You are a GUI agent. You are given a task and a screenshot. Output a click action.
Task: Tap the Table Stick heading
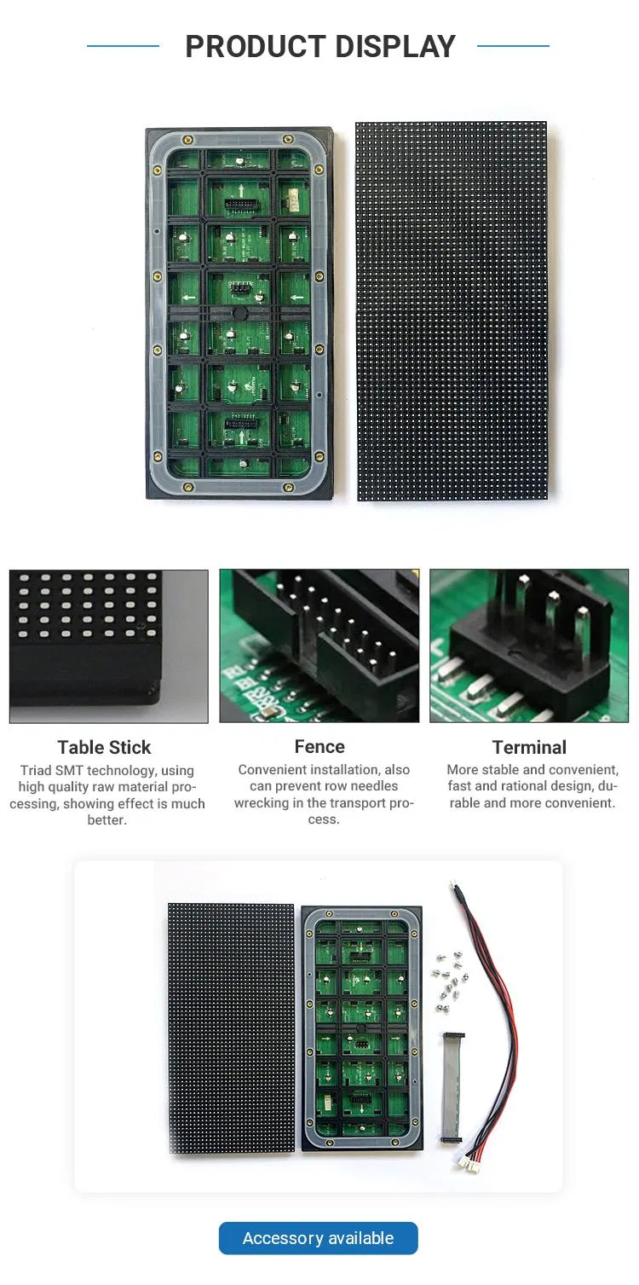click(x=104, y=747)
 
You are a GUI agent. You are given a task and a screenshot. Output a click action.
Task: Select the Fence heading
click(x=319, y=746)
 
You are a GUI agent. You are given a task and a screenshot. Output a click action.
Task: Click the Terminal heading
click(x=529, y=747)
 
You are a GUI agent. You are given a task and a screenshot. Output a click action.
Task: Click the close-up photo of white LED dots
click(x=108, y=645)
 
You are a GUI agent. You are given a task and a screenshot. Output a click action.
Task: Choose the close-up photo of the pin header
click(x=319, y=645)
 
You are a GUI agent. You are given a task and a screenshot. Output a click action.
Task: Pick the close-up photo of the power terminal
click(x=529, y=645)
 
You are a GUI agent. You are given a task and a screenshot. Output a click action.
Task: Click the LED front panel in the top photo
click(x=452, y=310)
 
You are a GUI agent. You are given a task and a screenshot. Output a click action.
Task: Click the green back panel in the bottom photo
click(x=362, y=1027)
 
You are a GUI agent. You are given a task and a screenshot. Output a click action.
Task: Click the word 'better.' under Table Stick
click(x=107, y=819)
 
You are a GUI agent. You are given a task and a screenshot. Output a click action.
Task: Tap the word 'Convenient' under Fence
click(x=278, y=769)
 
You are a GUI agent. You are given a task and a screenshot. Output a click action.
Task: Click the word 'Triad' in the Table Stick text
click(x=37, y=770)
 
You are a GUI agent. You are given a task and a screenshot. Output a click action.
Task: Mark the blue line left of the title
click(x=123, y=46)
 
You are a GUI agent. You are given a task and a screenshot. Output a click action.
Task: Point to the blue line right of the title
click(x=513, y=46)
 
